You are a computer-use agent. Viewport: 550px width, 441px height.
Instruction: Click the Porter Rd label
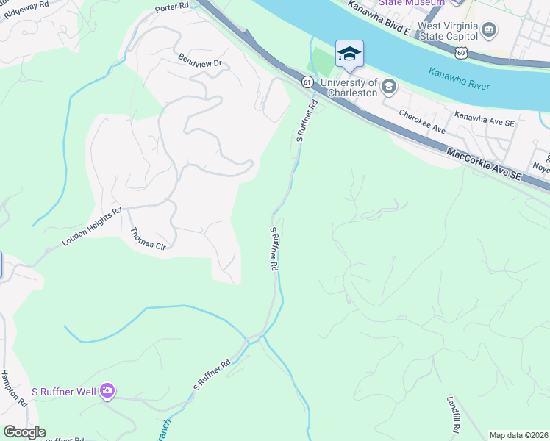(x=172, y=8)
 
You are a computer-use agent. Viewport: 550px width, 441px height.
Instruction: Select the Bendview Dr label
(x=200, y=60)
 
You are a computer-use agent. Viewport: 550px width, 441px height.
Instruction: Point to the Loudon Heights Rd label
(x=92, y=226)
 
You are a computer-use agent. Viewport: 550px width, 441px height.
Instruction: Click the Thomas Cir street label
(x=148, y=240)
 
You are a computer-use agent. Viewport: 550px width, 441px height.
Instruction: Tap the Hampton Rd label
(x=14, y=389)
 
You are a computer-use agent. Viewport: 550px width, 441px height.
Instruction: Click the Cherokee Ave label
(x=423, y=122)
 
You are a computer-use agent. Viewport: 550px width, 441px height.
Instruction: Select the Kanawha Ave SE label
(x=484, y=118)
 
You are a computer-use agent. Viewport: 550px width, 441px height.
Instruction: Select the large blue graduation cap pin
(x=349, y=54)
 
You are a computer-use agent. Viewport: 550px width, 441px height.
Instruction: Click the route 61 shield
(x=307, y=81)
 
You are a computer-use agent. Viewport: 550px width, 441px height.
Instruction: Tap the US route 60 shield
(x=460, y=52)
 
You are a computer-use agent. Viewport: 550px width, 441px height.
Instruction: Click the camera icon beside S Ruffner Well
(x=107, y=390)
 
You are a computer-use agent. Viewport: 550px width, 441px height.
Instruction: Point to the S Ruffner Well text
(x=64, y=391)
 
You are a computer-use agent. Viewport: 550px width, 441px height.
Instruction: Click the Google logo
(x=24, y=432)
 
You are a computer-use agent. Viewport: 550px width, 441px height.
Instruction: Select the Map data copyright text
(x=518, y=435)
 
